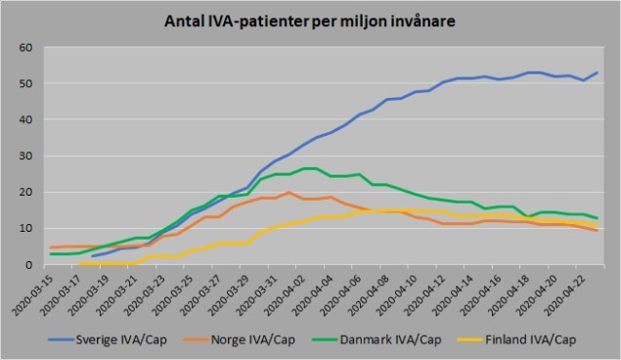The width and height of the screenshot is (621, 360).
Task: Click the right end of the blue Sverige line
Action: (x=597, y=72)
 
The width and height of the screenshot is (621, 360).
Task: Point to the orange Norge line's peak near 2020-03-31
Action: (x=289, y=193)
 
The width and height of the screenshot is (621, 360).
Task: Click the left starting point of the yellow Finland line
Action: (x=79, y=263)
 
